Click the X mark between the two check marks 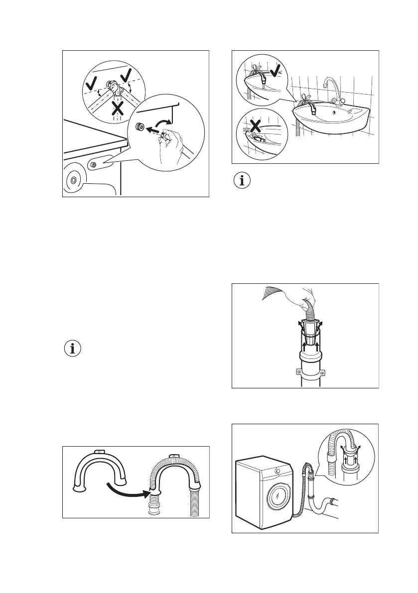click(118, 109)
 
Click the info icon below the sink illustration click(243, 181)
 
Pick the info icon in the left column click(73, 349)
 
